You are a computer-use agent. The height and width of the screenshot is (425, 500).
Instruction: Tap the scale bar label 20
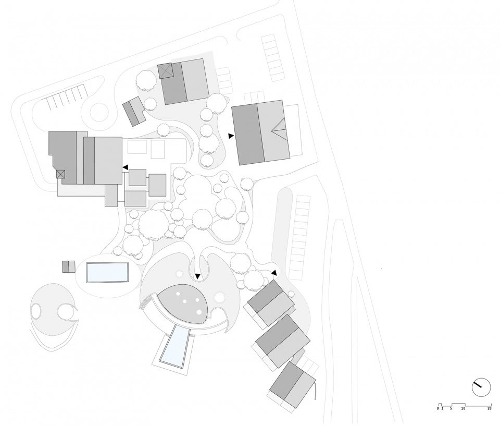point(489,408)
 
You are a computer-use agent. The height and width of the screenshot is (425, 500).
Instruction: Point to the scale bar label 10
point(463,408)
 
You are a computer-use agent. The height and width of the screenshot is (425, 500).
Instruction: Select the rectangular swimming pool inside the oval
point(107,272)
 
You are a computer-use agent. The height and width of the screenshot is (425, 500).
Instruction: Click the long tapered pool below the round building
point(175,346)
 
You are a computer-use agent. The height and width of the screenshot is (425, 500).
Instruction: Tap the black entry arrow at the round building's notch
point(198,276)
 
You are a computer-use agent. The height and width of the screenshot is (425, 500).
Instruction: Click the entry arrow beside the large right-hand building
point(231,136)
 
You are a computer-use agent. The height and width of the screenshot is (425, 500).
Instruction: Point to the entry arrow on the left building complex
point(126,167)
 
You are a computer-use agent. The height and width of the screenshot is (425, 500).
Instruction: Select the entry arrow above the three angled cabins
point(274,272)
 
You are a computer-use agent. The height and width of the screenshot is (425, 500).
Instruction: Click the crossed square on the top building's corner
point(165,70)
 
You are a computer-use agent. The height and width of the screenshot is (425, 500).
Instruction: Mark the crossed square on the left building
point(60,174)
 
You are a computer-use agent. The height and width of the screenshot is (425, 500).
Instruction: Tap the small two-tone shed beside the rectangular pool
point(69,266)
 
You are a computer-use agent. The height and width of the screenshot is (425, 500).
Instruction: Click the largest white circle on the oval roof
point(199,312)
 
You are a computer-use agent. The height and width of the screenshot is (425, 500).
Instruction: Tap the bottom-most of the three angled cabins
point(292,385)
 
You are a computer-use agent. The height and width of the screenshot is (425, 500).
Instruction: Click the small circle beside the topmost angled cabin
point(291,294)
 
